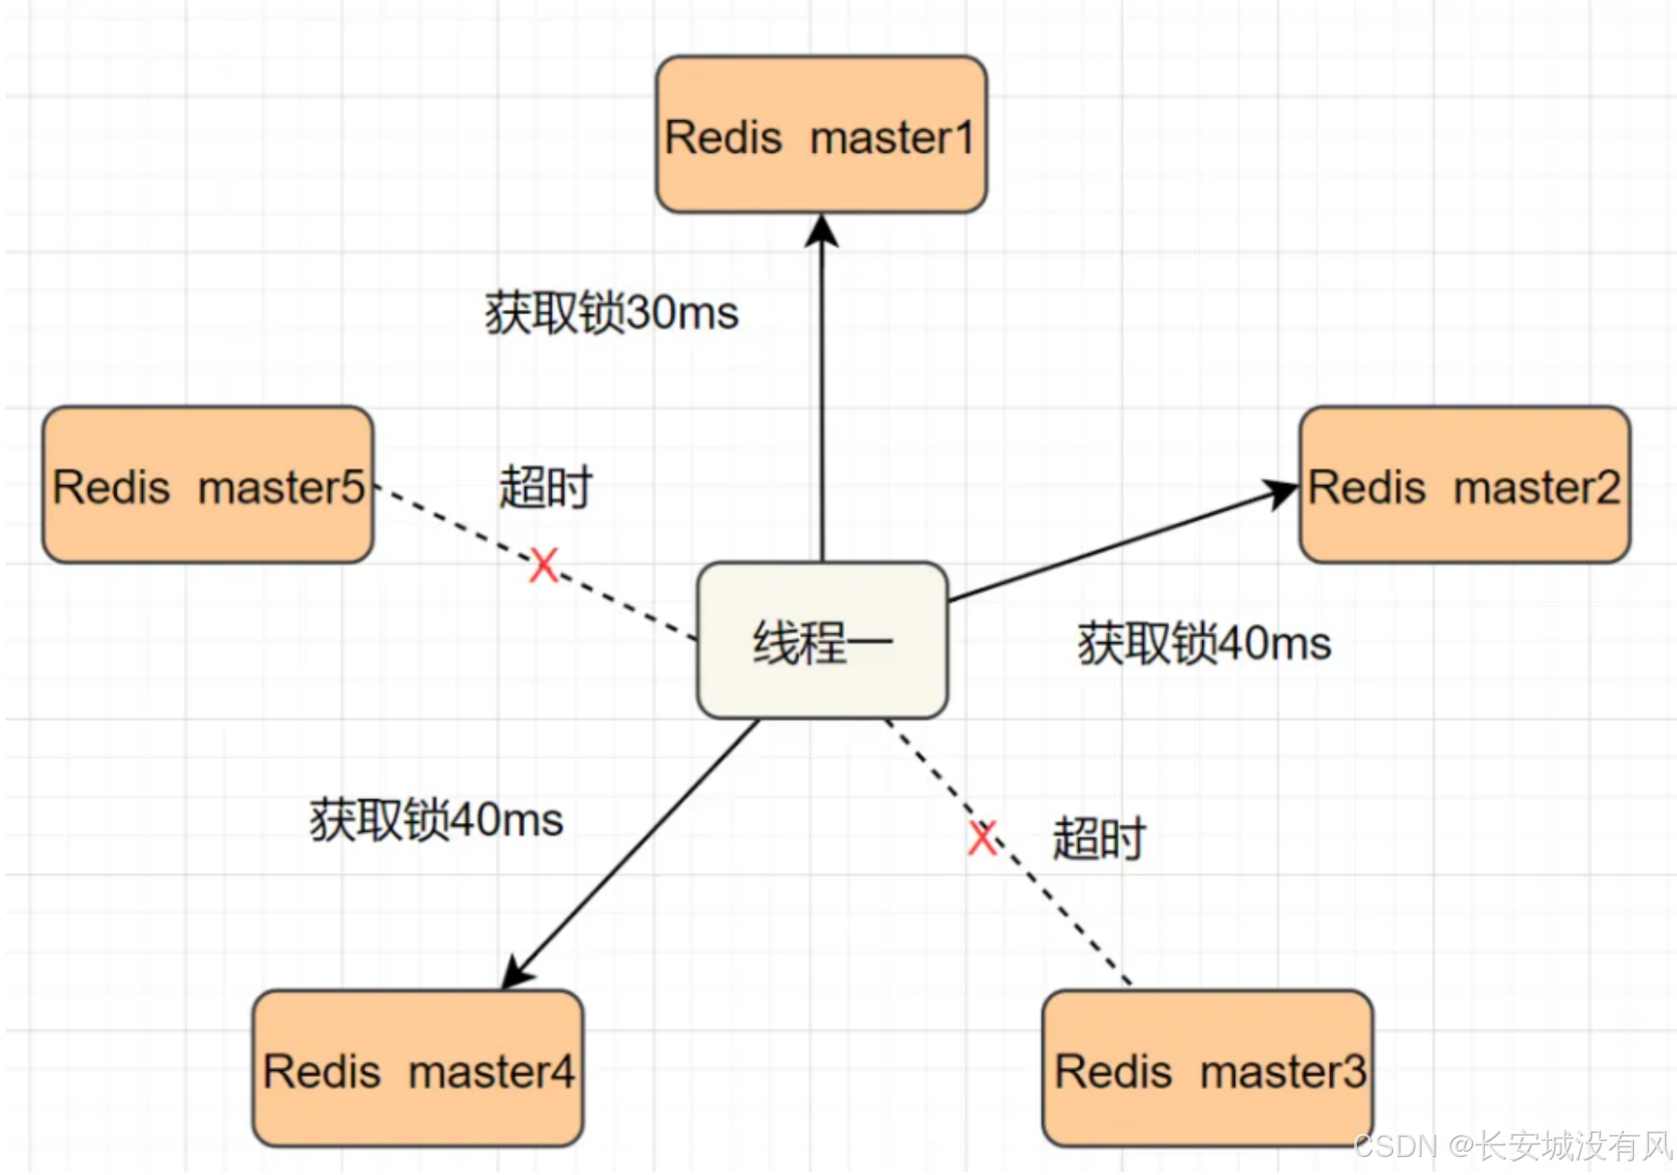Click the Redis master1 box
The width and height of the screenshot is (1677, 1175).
pyautogui.click(x=821, y=135)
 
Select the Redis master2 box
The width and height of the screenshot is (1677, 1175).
pyautogui.click(x=1464, y=485)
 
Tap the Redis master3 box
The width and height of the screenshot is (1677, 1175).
pyautogui.click(x=1207, y=1069)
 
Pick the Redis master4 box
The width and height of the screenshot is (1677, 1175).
pyautogui.click(x=418, y=1069)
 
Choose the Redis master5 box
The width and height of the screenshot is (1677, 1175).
pyautogui.click(x=208, y=485)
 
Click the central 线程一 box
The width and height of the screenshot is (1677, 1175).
pyautogui.click(x=822, y=641)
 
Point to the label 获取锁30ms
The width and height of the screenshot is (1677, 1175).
pyautogui.click(x=612, y=314)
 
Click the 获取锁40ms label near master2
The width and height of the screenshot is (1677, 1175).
pyautogui.click(x=1204, y=644)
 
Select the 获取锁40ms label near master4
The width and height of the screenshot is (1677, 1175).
pyautogui.click(x=437, y=820)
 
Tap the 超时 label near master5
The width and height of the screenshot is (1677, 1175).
pyautogui.click(x=546, y=488)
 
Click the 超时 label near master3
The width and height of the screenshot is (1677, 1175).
pyautogui.click(x=1098, y=838)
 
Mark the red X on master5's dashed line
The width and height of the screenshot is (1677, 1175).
pyautogui.click(x=544, y=566)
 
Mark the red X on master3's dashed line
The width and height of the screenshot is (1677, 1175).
pyautogui.click(x=982, y=838)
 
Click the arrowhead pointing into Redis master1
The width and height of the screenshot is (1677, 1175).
pyautogui.click(x=821, y=230)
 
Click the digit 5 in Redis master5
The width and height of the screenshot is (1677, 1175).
pyautogui.click(x=354, y=488)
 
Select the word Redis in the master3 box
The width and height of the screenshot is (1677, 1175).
pyautogui.click(x=1114, y=1072)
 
